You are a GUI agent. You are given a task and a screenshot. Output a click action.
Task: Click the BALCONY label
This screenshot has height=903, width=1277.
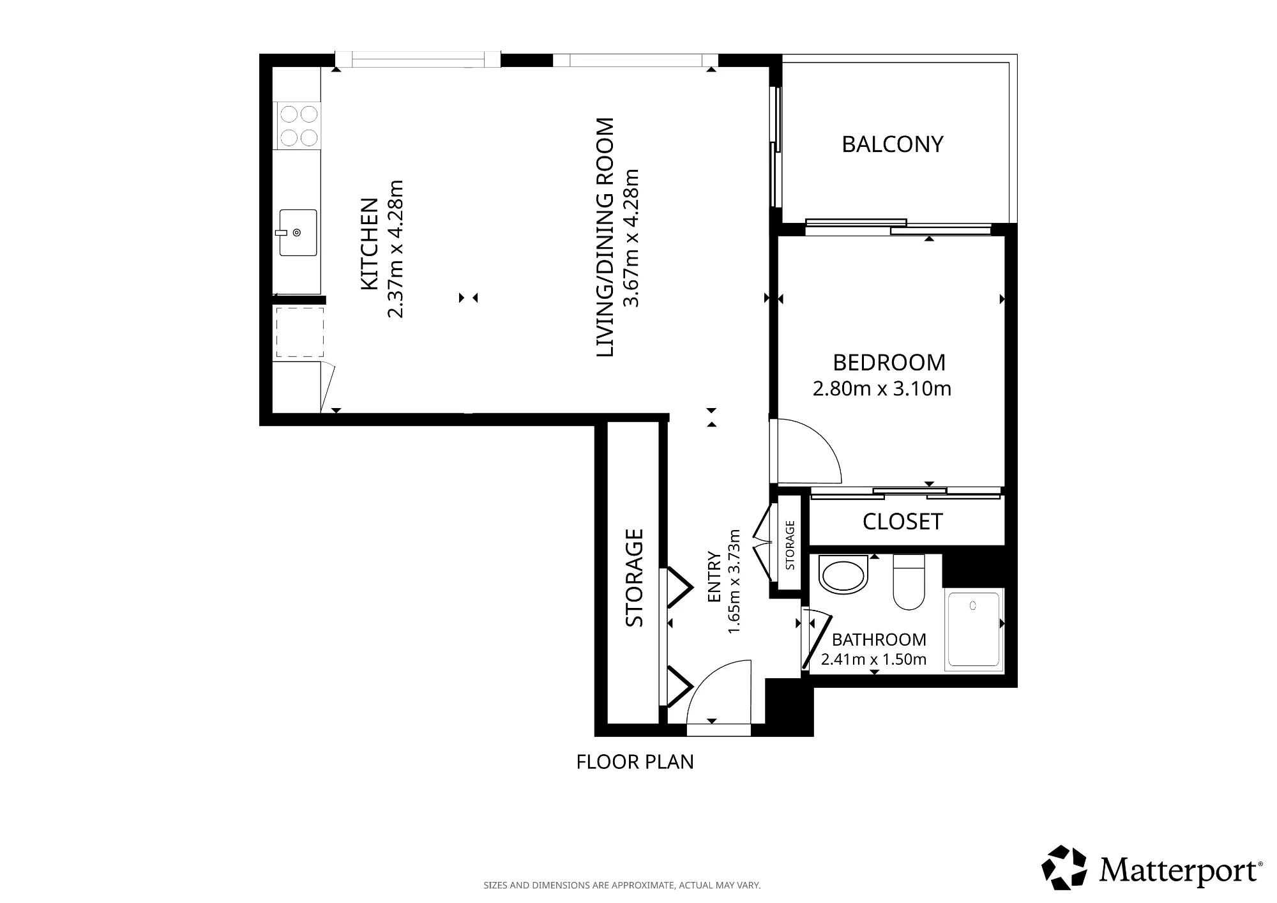click(x=892, y=144)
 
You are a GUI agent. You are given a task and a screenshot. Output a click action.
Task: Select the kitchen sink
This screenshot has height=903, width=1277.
click(x=298, y=232)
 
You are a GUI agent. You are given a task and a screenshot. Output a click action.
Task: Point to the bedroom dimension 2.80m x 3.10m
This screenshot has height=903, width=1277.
click(x=882, y=388)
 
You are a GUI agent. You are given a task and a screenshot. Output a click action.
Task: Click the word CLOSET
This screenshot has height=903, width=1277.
click(x=902, y=522)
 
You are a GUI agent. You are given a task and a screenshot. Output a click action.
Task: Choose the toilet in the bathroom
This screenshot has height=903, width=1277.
click(x=909, y=582)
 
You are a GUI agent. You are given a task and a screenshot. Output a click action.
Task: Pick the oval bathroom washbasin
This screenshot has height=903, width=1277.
click(x=843, y=575)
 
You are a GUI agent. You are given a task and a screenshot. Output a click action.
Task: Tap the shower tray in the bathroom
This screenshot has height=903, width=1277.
click(x=973, y=630)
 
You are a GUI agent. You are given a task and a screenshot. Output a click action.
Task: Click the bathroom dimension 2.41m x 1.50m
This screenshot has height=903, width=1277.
click(x=873, y=660)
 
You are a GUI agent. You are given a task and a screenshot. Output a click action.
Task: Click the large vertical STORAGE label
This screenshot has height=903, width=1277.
click(x=634, y=578)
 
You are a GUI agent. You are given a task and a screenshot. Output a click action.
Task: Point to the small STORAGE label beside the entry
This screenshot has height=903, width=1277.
click(x=790, y=545)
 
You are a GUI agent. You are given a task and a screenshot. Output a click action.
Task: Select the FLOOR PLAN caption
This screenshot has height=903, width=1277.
click(x=635, y=762)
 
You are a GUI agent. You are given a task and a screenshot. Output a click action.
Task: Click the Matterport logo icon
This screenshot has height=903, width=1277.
click(x=1064, y=867)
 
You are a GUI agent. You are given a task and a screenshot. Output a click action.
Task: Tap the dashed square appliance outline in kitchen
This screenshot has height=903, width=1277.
click(x=299, y=332)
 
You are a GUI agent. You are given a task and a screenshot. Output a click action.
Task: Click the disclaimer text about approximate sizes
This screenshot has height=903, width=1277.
click(x=622, y=886)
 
